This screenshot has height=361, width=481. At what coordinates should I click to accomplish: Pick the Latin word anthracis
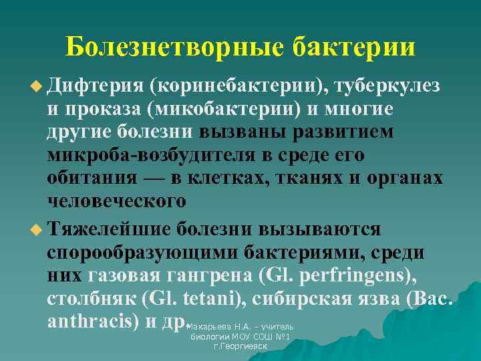(93, 322)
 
